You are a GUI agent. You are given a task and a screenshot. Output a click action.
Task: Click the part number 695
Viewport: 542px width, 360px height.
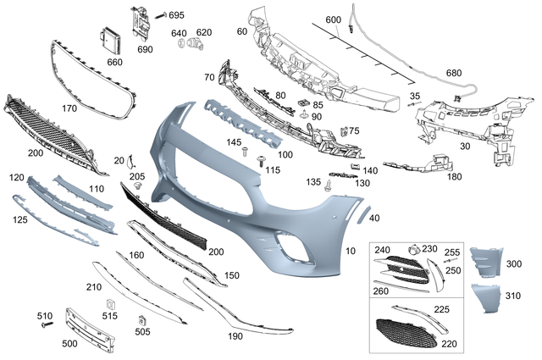coord(176,15)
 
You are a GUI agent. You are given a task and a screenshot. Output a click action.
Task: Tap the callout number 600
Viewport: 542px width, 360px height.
coord(333,19)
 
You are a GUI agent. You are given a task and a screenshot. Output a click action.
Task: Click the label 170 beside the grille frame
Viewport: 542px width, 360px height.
coord(69,108)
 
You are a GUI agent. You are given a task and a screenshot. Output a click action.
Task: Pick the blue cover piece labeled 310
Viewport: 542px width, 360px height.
coord(488,302)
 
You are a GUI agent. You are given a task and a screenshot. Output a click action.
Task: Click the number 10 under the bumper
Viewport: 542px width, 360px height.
coord(351,252)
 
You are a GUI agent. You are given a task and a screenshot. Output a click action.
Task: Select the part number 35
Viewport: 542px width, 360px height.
coord(415,96)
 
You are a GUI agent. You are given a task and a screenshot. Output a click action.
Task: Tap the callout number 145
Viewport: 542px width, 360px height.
coord(234,141)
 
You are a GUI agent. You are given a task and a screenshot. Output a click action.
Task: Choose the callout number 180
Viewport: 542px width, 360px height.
coord(455,177)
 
